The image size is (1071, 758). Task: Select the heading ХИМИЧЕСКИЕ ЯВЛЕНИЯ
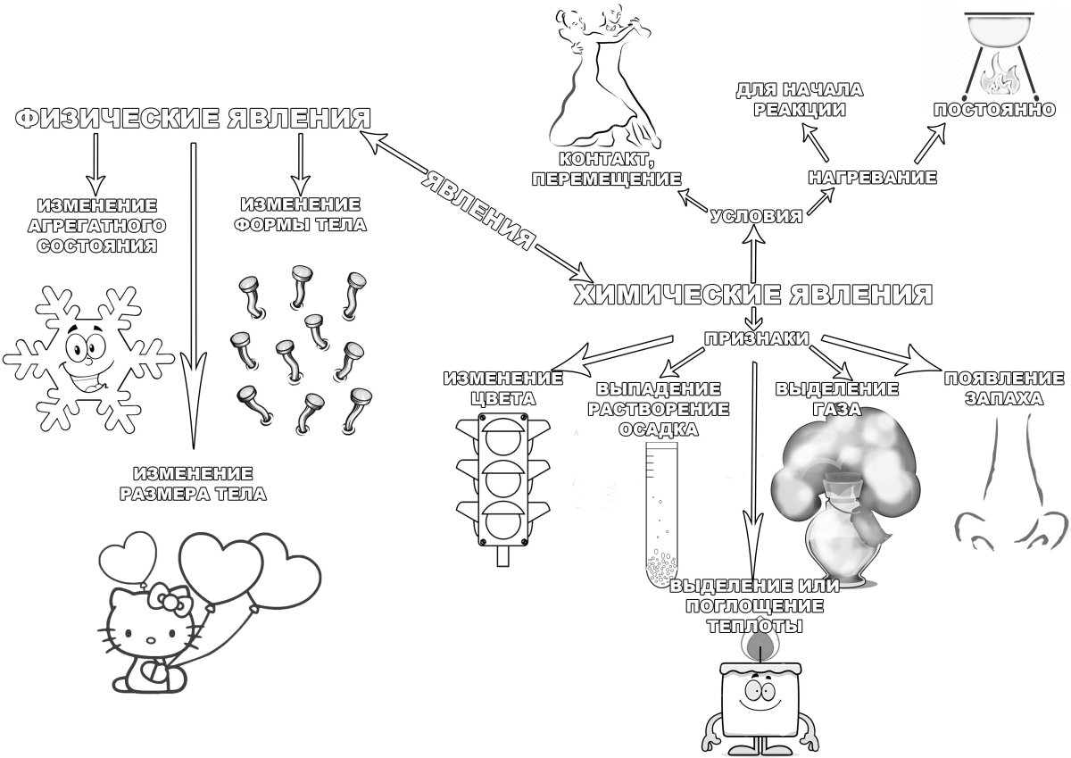point(751,294)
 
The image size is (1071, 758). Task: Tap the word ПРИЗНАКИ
point(757,338)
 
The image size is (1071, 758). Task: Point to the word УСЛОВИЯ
point(756,216)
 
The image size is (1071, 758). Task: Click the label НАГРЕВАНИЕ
point(872,178)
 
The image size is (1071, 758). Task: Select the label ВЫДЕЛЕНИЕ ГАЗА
point(836,398)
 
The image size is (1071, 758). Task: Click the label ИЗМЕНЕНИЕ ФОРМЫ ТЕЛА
point(300,214)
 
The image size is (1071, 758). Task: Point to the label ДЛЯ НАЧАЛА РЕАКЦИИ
point(799,99)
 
